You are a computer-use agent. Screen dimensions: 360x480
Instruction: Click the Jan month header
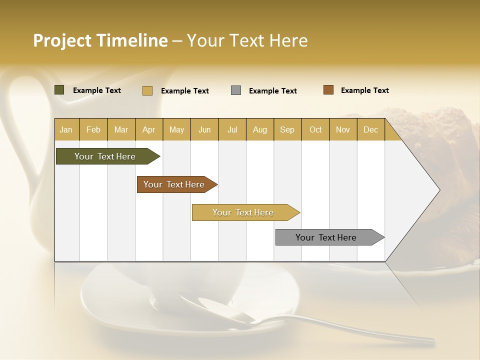[66, 130]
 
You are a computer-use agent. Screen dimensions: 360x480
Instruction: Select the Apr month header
[148, 130]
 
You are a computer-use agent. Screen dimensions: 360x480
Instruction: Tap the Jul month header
[232, 130]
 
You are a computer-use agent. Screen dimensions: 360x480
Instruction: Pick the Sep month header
[287, 130]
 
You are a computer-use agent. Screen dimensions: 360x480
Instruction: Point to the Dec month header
[370, 130]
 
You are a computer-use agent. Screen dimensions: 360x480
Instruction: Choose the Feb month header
[93, 130]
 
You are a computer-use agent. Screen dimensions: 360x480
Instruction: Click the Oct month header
[315, 130]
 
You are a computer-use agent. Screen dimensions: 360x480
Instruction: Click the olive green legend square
[59, 90]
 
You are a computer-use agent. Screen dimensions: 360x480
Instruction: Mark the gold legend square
[147, 90]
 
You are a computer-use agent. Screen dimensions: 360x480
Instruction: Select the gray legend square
[236, 90]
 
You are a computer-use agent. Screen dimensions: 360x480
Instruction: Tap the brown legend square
[328, 90]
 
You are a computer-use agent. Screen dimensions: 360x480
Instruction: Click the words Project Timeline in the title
[100, 40]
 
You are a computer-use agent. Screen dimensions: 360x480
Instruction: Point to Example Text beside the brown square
[364, 90]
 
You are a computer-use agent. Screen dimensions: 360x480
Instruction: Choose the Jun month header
[204, 130]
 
